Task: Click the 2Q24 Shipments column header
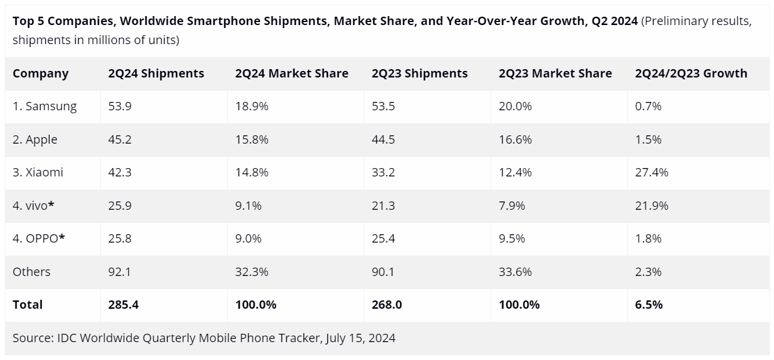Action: pyautogui.click(x=156, y=74)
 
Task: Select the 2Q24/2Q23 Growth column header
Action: pyautogui.click(x=691, y=74)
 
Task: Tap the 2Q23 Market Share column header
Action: pyautogui.click(x=555, y=74)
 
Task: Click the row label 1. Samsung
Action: pyautogui.click(x=45, y=107)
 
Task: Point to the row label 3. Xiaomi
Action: pyautogui.click(x=38, y=173)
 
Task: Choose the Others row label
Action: pyautogui.click(x=31, y=272)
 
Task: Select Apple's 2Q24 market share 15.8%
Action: pyautogui.click(x=252, y=139)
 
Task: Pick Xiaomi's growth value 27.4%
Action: pyautogui.click(x=652, y=173)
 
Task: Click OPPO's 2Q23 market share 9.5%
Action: pyautogui.click(x=512, y=238)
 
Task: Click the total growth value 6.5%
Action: pyautogui.click(x=649, y=305)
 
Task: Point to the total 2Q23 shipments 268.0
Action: pyautogui.click(x=386, y=305)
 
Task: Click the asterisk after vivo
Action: pyautogui.click(x=52, y=205)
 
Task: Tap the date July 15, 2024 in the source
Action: pyautogui.click(x=361, y=339)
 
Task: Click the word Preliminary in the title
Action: pyautogui.click(x=677, y=21)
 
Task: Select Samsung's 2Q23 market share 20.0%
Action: pyautogui.click(x=515, y=107)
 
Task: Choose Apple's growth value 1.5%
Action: pyautogui.click(x=648, y=139)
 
